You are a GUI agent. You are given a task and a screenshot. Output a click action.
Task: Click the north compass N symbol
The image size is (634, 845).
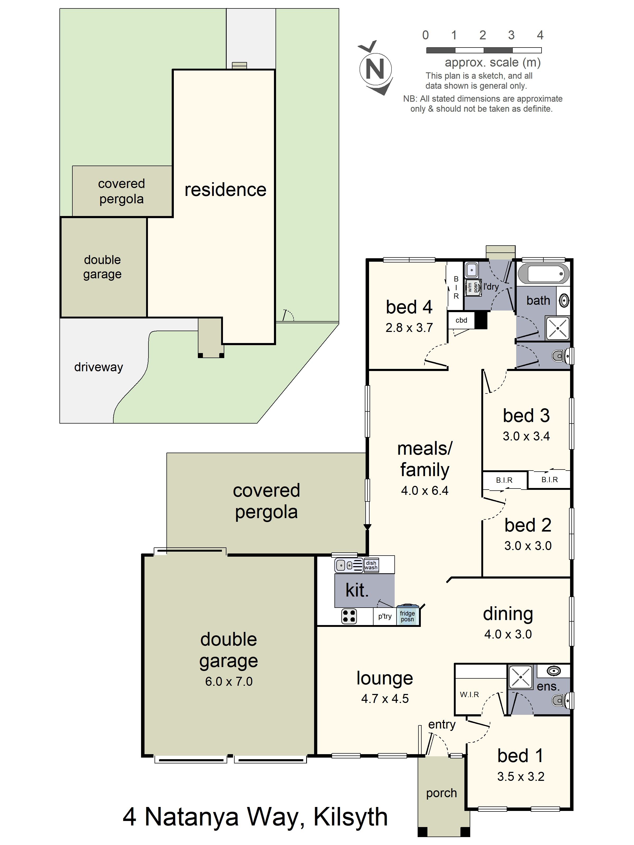pos(375,69)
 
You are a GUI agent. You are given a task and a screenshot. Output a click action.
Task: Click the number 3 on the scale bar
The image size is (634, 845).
pos(511,35)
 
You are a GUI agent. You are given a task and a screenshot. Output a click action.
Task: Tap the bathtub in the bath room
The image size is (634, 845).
pos(543,274)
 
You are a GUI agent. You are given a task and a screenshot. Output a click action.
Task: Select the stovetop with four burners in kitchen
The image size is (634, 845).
pos(348,616)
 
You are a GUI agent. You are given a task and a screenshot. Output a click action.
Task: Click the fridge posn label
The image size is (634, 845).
pos(407,616)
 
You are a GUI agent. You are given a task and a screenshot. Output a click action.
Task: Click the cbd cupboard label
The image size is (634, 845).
pos(461,320)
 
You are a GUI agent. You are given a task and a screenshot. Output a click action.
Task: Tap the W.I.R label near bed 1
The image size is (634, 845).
pos(469,694)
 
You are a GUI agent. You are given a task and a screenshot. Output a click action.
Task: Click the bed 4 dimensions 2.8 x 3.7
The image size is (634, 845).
pos(409,327)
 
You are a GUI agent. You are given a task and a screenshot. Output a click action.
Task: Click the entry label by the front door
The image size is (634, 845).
pos(442,724)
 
